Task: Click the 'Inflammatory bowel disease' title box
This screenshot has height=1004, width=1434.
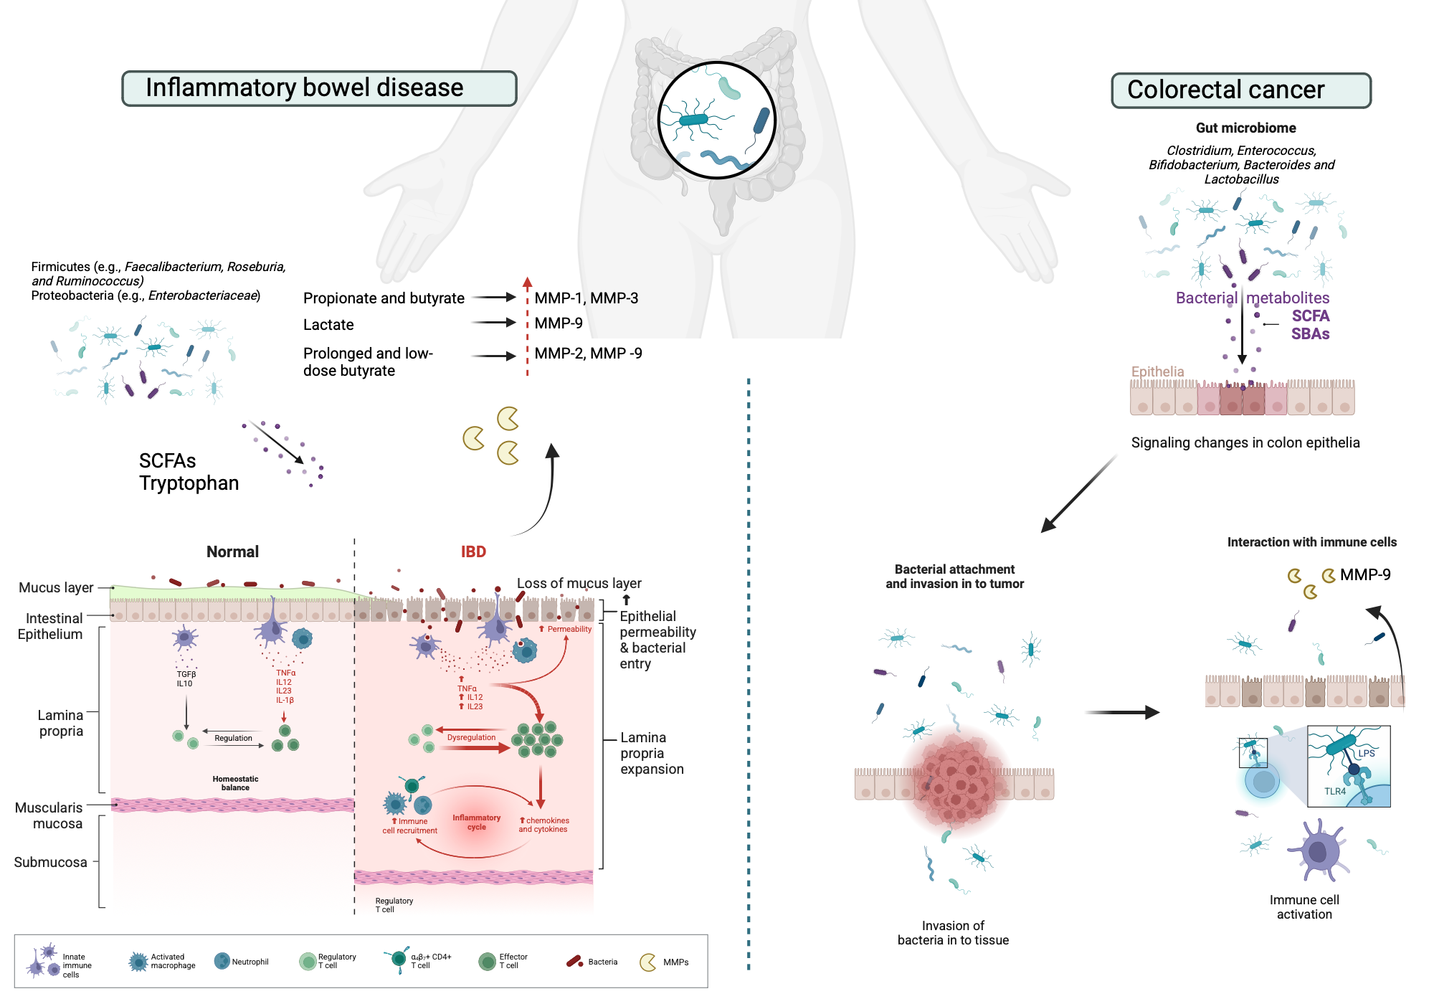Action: (319, 88)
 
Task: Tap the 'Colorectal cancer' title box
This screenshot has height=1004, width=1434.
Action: (1241, 90)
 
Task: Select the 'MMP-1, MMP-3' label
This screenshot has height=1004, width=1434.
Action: (587, 298)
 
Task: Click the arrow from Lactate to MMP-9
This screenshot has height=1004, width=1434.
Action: (494, 323)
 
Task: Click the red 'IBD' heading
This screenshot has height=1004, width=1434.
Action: (473, 551)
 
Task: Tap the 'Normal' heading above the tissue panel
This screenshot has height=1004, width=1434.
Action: (232, 551)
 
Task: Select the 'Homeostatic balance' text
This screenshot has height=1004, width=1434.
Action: (235, 783)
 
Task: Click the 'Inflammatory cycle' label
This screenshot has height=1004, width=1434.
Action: (477, 822)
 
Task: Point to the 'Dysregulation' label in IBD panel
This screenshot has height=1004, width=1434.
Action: (471, 737)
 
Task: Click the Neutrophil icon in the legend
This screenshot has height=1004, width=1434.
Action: (222, 961)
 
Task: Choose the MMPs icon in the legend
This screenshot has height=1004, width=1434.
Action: (648, 962)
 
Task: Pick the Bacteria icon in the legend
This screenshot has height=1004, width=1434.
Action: (574, 962)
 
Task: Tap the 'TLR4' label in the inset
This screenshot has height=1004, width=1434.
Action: (1335, 791)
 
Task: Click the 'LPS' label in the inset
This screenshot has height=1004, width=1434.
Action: (1367, 753)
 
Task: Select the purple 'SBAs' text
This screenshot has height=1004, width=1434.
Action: (1310, 333)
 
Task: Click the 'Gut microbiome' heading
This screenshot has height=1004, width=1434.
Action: (1245, 128)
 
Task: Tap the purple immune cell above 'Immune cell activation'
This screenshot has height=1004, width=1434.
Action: (1318, 851)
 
